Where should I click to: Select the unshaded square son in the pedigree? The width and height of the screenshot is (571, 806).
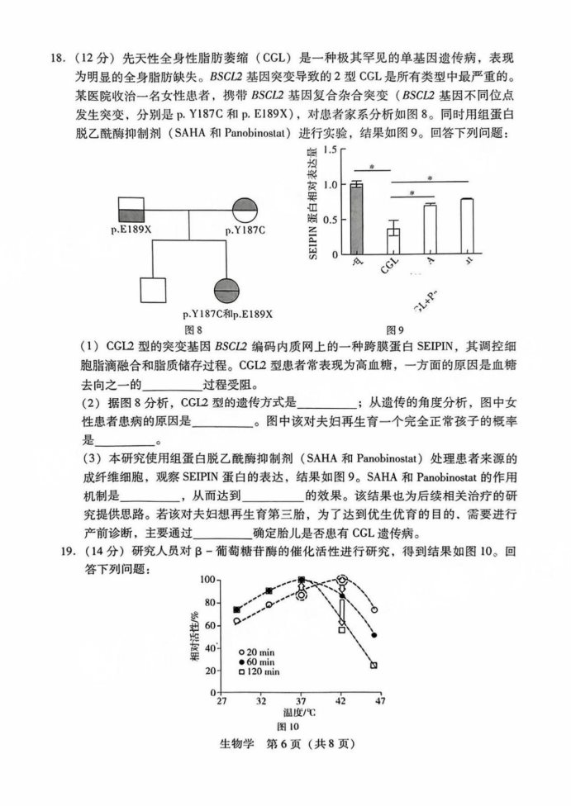click(x=155, y=291)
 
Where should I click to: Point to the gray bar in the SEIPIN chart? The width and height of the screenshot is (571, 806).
click(x=356, y=220)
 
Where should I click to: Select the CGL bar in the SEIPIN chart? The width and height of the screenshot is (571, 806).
click(x=393, y=244)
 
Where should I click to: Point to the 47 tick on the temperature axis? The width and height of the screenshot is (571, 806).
click(x=381, y=699)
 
